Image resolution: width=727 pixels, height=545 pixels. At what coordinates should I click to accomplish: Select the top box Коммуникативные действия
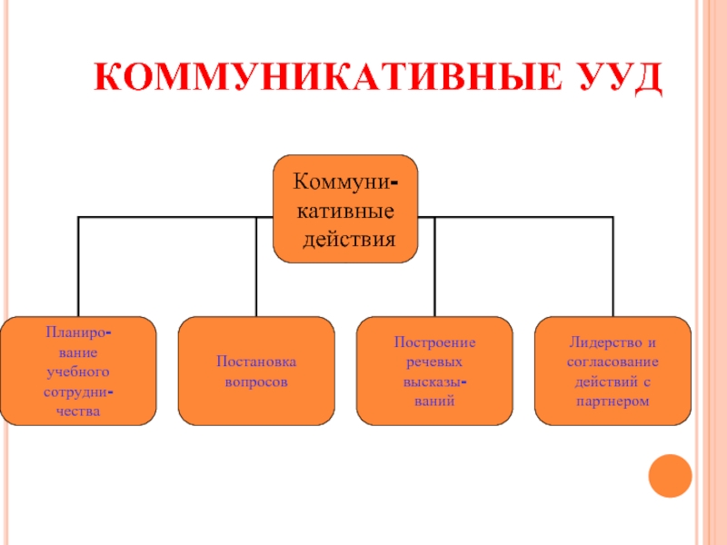tap(345, 209)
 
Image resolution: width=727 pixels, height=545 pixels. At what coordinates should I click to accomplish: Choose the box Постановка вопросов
tap(256, 371)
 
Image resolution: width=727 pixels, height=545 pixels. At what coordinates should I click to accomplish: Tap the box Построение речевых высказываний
tap(434, 371)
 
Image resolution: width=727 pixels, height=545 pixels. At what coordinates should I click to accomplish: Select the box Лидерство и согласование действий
tap(612, 371)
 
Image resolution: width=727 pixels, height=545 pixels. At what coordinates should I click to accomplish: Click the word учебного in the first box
tap(78, 372)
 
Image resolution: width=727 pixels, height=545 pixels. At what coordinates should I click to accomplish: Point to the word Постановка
tap(256, 362)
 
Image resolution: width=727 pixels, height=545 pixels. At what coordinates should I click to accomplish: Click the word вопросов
tap(256, 381)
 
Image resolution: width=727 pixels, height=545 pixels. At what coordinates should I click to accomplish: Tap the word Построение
tap(434, 342)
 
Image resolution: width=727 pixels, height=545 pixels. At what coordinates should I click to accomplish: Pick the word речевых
tap(434, 362)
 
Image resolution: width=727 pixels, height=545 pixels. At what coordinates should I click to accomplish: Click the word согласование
tap(612, 362)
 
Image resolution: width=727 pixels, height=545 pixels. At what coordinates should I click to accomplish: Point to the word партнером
tap(612, 400)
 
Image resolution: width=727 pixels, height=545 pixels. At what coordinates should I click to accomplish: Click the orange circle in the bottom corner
tap(671, 476)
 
